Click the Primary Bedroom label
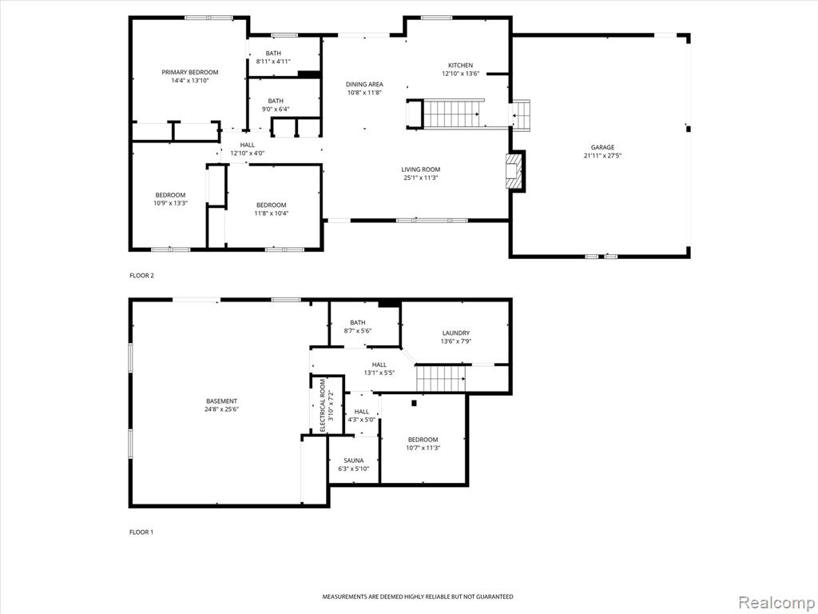coord(190,72)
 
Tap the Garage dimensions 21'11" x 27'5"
coord(602,156)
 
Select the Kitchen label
coord(461,66)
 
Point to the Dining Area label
coord(364,84)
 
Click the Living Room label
coord(420,169)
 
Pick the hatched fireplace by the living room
coord(514,170)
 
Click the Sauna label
coord(354,460)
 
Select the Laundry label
coord(456,333)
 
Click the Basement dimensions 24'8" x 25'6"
coord(222,409)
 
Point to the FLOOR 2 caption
coord(142,276)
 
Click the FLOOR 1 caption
coord(141,532)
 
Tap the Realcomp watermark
coord(776,602)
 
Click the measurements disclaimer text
coord(417,596)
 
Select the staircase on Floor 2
coord(452,114)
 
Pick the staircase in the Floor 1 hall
coord(441,378)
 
